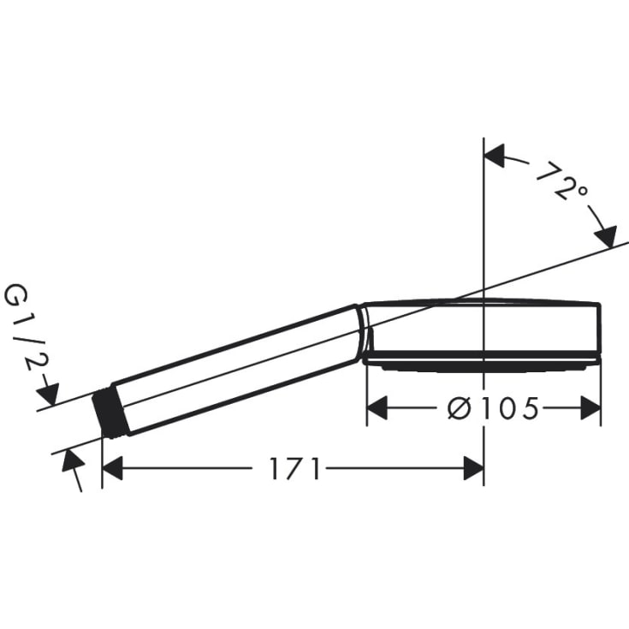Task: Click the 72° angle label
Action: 562,181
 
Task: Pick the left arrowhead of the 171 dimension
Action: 114,468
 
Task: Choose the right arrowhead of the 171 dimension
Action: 472,468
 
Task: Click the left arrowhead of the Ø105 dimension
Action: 377,408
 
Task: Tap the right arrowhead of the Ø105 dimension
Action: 590,408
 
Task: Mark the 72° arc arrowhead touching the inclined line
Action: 606,234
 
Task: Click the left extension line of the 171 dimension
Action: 102,462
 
